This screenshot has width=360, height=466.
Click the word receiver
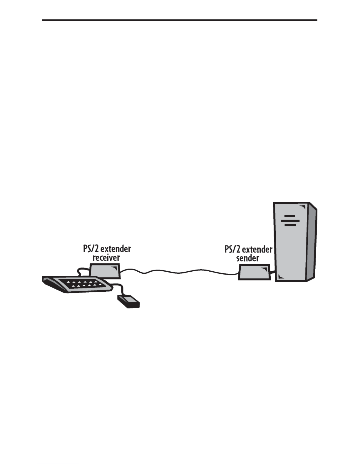point(106,258)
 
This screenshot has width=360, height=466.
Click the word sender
point(247,258)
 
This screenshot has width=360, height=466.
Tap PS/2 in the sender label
point(232,250)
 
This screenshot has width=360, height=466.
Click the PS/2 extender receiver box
point(105,270)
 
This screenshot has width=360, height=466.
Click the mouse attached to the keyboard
point(128,301)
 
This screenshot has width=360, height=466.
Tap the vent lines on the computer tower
point(290,220)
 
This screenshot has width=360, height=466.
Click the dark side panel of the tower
point(312,244)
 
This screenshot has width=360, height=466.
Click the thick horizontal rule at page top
point(180,20)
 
